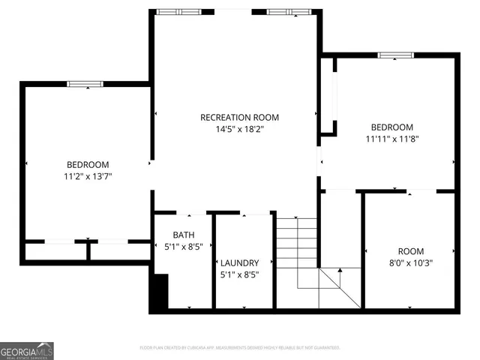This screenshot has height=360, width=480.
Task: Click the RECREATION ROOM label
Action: (x=239, y=117)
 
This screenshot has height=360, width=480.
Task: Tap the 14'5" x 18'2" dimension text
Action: (x=239, y=129)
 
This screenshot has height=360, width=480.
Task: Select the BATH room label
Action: (x=184, y=234)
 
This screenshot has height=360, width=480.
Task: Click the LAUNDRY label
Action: (x=239, y=262)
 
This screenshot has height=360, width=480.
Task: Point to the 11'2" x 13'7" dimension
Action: (x=88, y=176)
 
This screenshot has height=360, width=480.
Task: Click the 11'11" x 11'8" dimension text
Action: (x=391, y=139)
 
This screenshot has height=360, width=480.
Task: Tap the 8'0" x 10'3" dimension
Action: (x=410, y=262)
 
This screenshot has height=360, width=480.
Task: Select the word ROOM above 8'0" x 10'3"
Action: (x=410, y=251)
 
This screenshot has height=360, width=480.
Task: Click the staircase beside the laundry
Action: (x=298, y=251)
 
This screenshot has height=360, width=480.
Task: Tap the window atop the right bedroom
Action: (x=395, y=55)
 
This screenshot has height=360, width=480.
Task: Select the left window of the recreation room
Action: (x=178, y=11)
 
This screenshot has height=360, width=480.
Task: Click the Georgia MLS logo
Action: (x=27, y=350)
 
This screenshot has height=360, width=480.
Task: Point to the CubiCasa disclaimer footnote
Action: (x=240, y=348)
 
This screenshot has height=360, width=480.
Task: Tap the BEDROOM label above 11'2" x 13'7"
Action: (x=88, y=165)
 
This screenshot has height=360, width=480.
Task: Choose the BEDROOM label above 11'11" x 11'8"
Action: (x=391, y=127)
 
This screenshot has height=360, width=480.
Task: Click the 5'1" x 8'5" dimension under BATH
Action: (x=184, y=245)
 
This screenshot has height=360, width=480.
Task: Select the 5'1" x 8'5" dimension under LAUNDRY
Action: (x=239, y=274)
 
